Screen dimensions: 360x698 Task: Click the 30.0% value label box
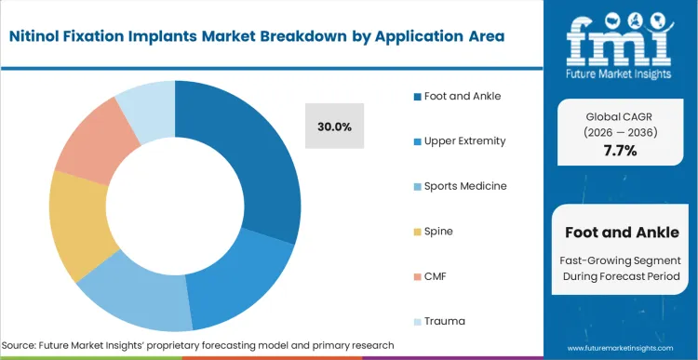click(x=334, y=127)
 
